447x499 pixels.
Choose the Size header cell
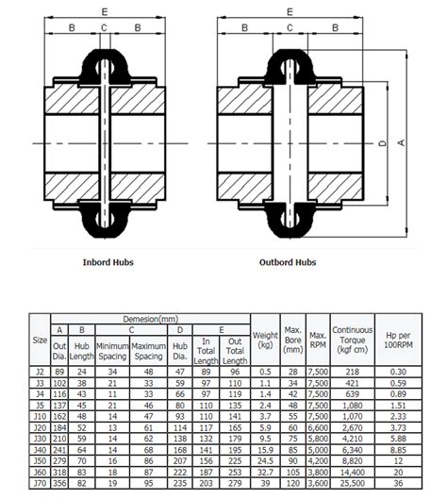point(40,340)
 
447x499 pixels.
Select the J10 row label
point(40,416)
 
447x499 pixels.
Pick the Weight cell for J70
point(266,484)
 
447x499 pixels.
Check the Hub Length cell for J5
point(82,405)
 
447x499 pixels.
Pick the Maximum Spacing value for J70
point(148,484)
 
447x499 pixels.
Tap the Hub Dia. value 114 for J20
point(179,427)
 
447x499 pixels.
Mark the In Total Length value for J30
point(207,439)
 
